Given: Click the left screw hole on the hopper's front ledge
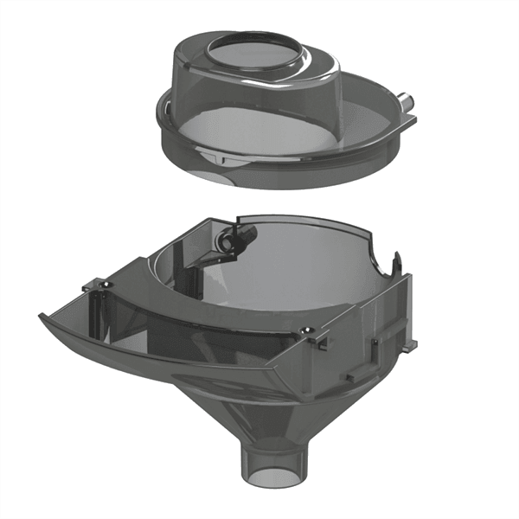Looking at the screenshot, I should (97, 284).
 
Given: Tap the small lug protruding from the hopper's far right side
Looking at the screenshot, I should (413, 344).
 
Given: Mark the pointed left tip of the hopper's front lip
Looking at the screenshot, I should (41, 316).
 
